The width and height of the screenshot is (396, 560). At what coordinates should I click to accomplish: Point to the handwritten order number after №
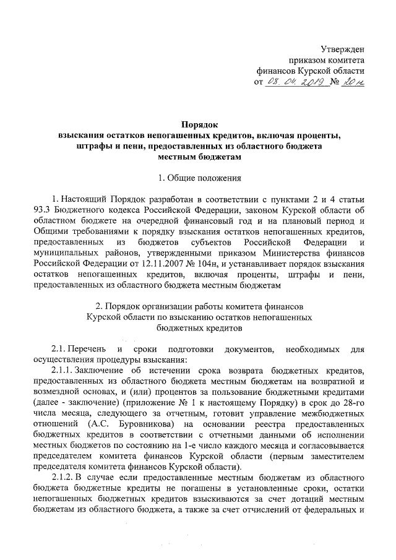click(x=353, y=82)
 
